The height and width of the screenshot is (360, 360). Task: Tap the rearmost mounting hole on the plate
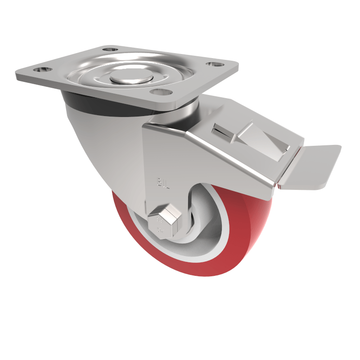110,49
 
